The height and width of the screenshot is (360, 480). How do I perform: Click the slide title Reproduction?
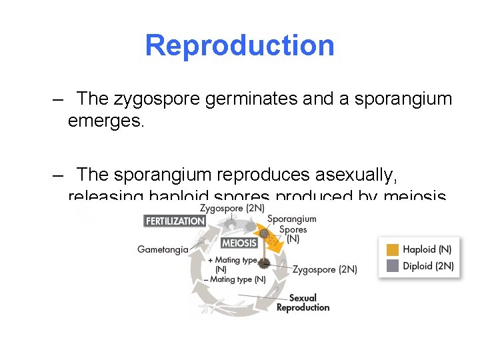pyautogui.click(x=239, y=46)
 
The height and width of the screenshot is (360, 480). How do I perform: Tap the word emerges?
pyautogui.click(x=105, y=122)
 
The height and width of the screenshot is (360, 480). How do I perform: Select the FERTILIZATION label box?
pyautogui.click(x=175, y=221)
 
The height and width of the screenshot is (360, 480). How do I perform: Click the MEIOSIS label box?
pyautogui.click(x=239, y=243)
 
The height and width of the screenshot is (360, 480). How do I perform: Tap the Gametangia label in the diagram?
pyautogui.click(x=163, y=250)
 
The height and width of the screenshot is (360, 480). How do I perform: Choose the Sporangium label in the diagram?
pyautogui.click(x=291, y=219)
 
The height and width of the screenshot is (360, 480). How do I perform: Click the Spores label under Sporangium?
pyautogui.click(x=293, y=229)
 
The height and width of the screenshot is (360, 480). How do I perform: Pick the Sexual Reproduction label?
pyautogui.click(x=303, y=303)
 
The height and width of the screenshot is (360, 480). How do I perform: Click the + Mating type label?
pyautogui.click(x=233, y=260)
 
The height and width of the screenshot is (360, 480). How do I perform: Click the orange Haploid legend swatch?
pyautogui.click(x=393, y=250)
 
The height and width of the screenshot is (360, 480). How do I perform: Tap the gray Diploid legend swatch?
pyautogui.click(x=393, y=265)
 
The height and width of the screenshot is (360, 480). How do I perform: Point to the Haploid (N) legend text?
pyautogui.click(x=427, y=250)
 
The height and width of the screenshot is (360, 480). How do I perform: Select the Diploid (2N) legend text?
pyautogui.click(x=428, y=265)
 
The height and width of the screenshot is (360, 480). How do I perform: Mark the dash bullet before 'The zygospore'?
pyautogui.click(x=59, y=100)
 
